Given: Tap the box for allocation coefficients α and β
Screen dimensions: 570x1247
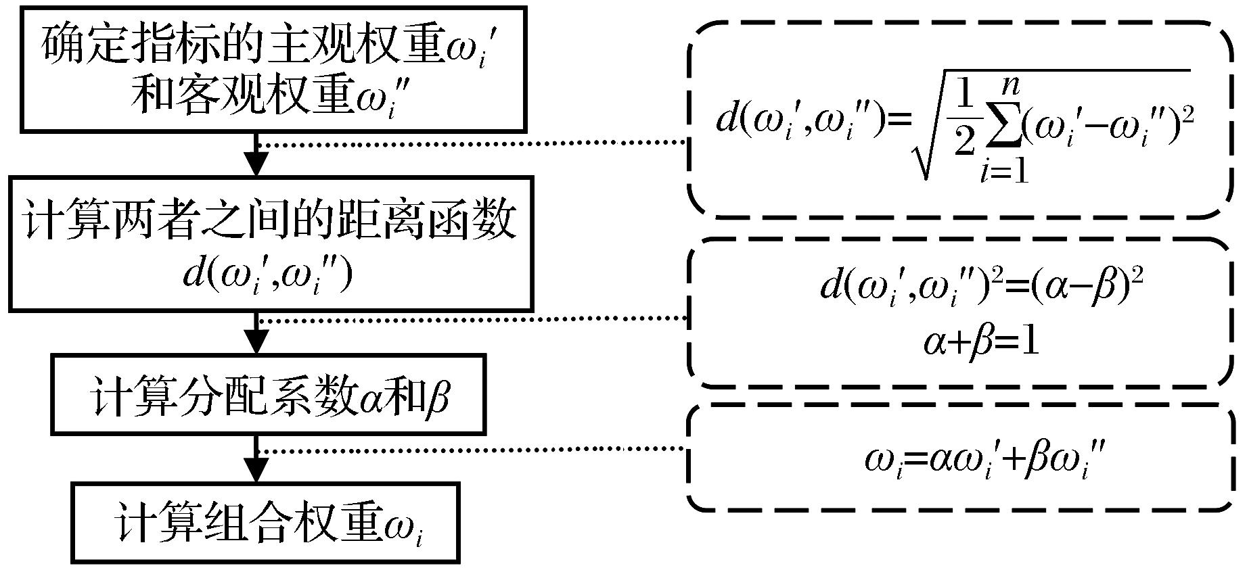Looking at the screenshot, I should tap(269, 394).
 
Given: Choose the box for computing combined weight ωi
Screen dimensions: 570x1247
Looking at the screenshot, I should tap(267, 521).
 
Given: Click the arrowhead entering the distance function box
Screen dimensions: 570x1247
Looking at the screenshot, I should tap(256, 165).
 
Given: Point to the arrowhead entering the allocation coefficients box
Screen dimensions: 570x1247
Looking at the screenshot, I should tap(256, 342).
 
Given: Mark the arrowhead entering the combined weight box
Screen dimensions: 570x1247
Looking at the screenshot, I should tap(256, 471).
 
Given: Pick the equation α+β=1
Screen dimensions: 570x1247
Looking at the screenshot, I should tap(980, 341).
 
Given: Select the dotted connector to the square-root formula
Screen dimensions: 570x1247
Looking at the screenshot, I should tap(474, 143).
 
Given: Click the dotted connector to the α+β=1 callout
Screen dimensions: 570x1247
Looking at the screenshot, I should tap(474, 318).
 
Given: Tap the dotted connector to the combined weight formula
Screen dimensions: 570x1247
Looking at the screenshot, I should tap(474, 449).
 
